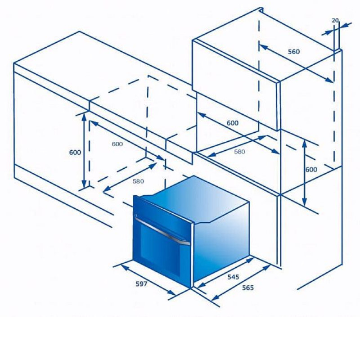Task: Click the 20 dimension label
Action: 335,20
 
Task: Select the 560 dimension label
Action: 294,52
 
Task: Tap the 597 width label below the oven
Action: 141,284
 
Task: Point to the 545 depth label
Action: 233,277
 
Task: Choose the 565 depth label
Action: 248,288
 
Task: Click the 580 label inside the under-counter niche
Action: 138,181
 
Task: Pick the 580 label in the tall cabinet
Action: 239,152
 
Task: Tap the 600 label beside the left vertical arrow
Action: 75,153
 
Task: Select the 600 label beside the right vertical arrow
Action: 311,170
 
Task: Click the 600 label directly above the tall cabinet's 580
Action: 233,123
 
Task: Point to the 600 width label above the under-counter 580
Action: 117,144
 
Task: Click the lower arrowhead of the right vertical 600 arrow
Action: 305,202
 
